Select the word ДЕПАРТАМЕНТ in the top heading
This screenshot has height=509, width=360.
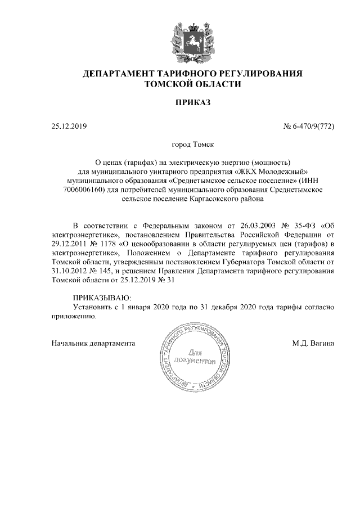click(114, 74)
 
